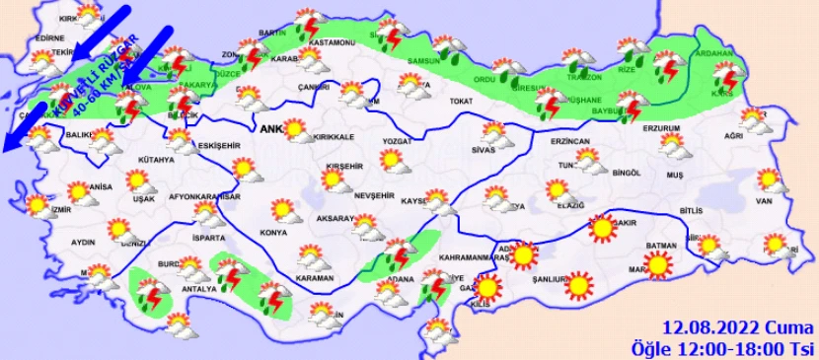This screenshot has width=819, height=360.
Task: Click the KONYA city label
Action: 274,233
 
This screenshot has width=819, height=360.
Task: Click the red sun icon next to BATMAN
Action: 658,264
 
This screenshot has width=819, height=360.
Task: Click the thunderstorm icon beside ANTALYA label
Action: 233,272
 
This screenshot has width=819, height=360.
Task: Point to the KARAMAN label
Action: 316,279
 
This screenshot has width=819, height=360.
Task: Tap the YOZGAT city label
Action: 404,139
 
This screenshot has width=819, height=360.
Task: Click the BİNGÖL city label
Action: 626,173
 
